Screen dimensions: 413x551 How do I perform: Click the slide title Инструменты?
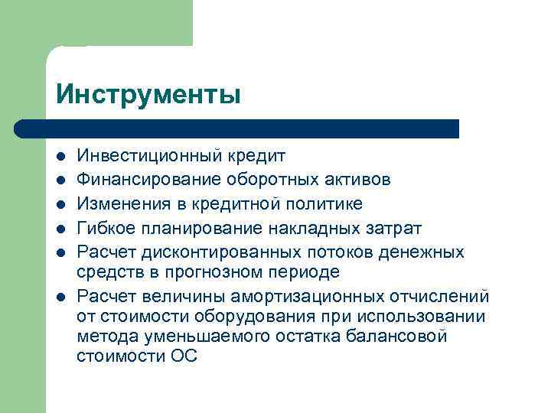click(148, 94)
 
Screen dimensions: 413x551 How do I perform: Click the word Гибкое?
click(104, 228)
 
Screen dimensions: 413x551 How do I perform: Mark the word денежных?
click(425, 252)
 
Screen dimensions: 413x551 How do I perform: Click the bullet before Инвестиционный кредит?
click(60, 157)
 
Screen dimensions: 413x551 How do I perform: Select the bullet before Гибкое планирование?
click(60, 229)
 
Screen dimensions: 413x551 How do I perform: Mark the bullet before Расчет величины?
click(60, 297)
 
